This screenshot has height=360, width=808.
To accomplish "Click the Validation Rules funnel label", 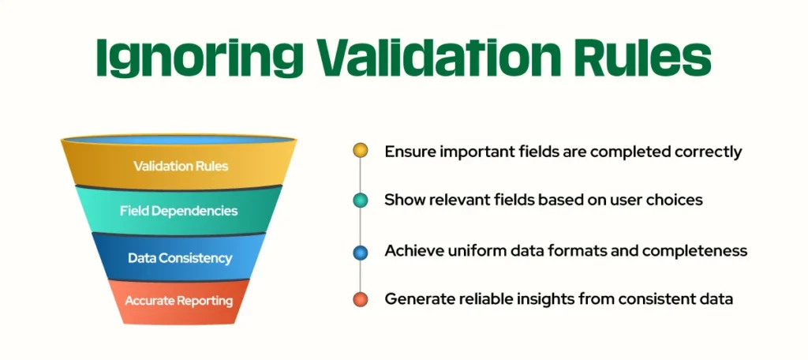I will pos(181,167).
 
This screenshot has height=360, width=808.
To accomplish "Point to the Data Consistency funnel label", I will pos(180,258).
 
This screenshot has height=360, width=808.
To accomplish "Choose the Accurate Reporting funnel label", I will pos(179,301).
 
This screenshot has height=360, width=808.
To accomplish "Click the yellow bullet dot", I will pos(360,151).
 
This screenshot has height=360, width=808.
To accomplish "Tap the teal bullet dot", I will pos(360,201).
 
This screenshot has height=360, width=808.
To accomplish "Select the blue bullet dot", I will pos(360,252).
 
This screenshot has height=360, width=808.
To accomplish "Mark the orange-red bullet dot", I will pos(360,299).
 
